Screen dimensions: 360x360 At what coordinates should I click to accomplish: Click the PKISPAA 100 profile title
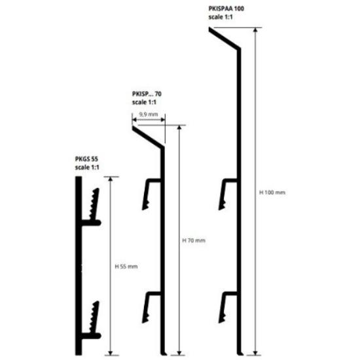(226, 9)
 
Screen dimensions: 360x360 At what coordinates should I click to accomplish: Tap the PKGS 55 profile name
(86, 159)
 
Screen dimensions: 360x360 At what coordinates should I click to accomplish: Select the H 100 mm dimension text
(272, 192)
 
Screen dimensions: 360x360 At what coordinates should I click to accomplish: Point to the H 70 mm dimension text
(194, 240)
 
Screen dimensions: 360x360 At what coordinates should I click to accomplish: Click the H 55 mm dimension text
(126, 266)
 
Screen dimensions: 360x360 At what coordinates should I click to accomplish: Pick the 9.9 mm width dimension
(149, 114)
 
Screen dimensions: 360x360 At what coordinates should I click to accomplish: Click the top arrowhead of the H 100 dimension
(255, 30)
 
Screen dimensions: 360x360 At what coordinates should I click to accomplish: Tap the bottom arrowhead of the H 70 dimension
(179, 353)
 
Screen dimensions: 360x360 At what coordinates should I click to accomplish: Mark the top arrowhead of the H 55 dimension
(111, 179)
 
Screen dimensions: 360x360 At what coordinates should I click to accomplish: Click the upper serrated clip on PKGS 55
(95, 204)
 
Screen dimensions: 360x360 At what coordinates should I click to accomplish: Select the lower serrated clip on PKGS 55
(95, 317)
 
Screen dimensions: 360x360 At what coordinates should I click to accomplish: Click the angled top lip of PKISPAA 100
(225, 39)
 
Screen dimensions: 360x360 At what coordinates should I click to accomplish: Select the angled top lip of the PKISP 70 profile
(148, 137)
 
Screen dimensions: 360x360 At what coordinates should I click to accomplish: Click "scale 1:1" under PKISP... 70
(144, 102)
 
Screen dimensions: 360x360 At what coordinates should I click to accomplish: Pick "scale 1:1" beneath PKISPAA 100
(221, 17)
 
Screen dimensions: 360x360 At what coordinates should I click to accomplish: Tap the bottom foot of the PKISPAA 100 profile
(240, 353)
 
